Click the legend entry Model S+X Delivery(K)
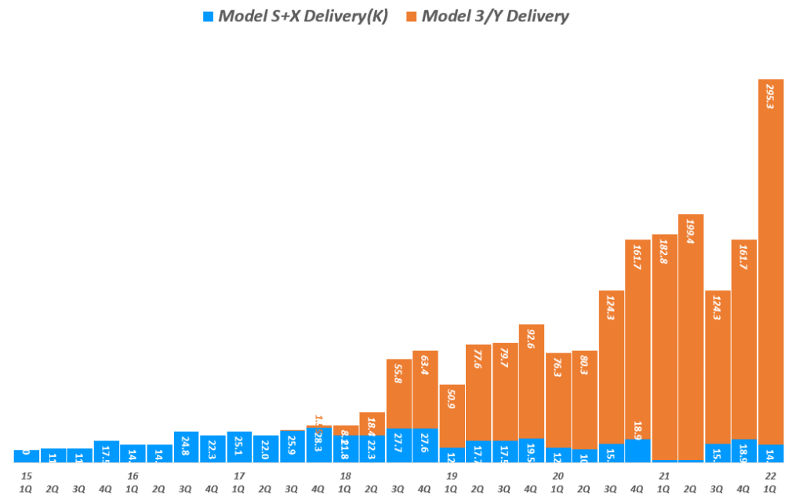pyautogui.click(x=302, y=16)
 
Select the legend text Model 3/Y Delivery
pyautogui.click(x=496, y=16)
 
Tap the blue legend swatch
pyautogui.click(x=208, y=16)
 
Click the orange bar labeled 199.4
pyautogui.click(x=691, y=338)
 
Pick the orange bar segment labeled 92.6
pyautogui.click(x=532, y=381)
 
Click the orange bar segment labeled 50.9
pyautogui.click(x=452, y=416)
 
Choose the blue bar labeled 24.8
pyautogui.click(x=187, y=447)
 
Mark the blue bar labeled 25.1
pyautogui.click(x=239, y=447)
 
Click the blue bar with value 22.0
pyautogui.click(x=266, y=448)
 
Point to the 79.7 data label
pyautogui.click(x=504, y=367)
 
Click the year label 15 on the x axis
pyautogui.click(x=27, y=476)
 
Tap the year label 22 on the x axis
pyautogui.click(x=770, y=476)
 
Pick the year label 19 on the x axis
pyautogui.click(x=452, y=476)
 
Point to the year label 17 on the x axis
pyautogui.click(x=239, y=476)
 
